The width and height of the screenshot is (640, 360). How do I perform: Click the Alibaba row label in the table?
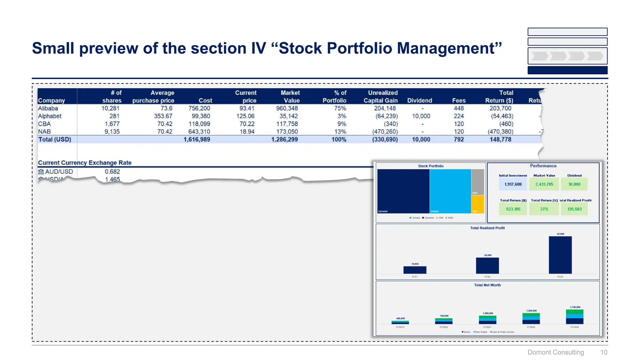tap(48, 108)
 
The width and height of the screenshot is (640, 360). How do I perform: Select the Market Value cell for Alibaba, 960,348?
tap(287, 108)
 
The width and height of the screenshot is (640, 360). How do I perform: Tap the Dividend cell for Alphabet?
tap(421, 116)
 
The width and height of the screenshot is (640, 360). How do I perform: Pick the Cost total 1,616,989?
tap(197, 140)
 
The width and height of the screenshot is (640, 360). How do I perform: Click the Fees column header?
tap(458, 101)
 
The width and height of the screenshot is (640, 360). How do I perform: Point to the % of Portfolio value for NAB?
tap(340, 132)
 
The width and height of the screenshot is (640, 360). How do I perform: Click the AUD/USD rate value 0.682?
tap(112, 172)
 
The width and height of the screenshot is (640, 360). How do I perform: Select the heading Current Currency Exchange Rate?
tap(84, 163)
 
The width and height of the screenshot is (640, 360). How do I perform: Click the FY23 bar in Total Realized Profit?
tap(560, 255)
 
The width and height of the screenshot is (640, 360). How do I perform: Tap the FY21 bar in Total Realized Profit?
tap(415, 270)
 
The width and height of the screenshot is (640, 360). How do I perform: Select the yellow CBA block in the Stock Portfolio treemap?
tap(477, 204)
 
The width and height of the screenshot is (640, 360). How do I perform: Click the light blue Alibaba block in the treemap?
tap(450, 191)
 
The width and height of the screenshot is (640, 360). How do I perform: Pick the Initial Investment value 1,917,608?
tap(513, 184)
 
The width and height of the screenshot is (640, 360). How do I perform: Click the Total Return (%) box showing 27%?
tap(544, 209)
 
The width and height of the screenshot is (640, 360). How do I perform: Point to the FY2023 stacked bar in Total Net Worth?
tap(574, 317)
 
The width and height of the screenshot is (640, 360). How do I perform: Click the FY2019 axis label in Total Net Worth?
tap(400, 327)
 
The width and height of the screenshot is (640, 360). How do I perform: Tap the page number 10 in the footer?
tap(603, 352)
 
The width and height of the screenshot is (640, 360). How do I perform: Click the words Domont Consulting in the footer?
tap(555, 352)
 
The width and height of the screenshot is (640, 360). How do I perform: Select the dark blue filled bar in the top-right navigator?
tap(567, 70)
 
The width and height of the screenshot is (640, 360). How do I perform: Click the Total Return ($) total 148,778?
tap(500, 140)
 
